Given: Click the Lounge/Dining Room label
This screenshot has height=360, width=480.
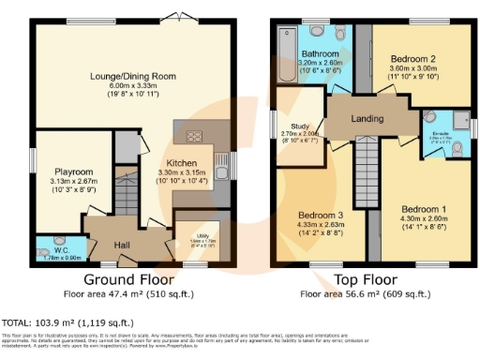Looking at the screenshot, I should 130,76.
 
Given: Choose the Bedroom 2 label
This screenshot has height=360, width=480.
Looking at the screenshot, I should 412,59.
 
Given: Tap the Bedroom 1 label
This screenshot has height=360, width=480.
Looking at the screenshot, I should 424,207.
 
